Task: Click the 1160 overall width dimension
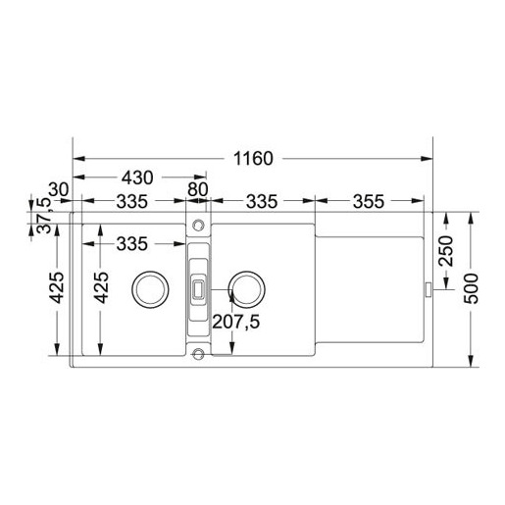pos(253,159)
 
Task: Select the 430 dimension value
pos(137,177)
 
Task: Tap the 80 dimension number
pos(198,189)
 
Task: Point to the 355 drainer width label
pos(369,202)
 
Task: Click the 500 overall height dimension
pos(472,288)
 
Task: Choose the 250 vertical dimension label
pos(446,251)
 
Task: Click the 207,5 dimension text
pos(236,322)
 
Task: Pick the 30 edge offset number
pos(59,189)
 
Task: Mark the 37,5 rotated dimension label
pos(44,215)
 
